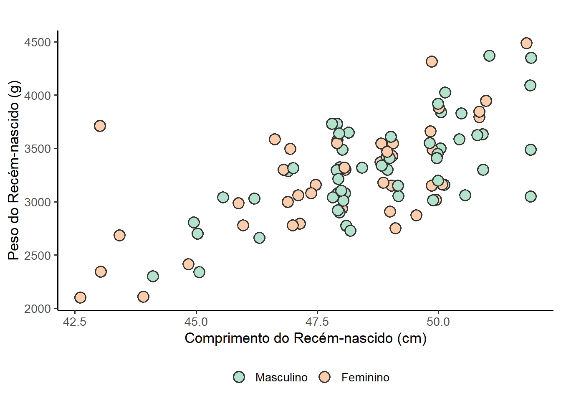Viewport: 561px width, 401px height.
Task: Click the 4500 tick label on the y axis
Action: (x=37, y=43)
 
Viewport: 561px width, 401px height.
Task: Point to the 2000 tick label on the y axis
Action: (x=37, y=309)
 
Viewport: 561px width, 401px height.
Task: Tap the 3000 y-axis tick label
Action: (x=37, y=202)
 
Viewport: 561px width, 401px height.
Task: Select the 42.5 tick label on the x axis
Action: (x=75, y=322)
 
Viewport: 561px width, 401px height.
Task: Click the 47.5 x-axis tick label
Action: (x=317, y=322)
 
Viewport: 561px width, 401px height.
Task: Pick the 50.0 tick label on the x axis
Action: (x=438, y=322)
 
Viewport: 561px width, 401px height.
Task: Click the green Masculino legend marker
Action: (x=239, y=377)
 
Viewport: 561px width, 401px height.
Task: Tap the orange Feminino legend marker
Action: (x=324, y=377)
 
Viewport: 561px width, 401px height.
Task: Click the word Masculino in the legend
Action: (x=281, y=378)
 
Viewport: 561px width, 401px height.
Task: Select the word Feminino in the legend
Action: (x=365, y=378)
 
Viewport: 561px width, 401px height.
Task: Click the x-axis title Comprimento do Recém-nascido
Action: (x=306, y=338)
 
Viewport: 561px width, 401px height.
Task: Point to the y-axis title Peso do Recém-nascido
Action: (x=14, y=170)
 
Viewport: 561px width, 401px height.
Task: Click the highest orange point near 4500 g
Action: (x=526, y=43)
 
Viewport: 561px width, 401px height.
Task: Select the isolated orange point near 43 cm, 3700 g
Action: (x=100, y=126)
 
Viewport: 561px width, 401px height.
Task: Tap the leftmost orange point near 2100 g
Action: (x=80, y=297)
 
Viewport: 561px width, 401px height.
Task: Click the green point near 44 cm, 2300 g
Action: (x=153, y=276)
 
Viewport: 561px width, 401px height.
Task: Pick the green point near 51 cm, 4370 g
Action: (x=489, y=56)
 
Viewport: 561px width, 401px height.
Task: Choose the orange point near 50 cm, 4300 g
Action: (x=432, y=61)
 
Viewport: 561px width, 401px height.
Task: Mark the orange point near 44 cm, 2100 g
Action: (x=143, y=297)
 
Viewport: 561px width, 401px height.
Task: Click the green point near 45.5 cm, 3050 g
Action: (x=223, y=197)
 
